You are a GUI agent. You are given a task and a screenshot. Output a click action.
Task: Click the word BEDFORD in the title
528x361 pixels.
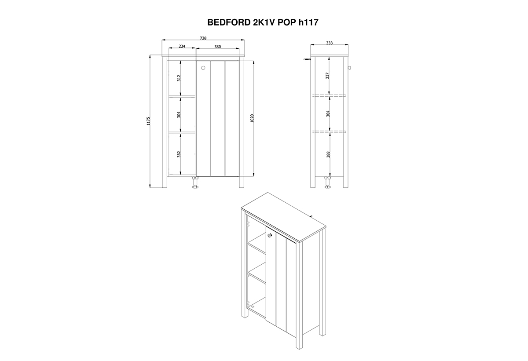point(229,22)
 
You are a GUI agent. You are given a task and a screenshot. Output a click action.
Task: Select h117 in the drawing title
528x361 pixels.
point(308,22)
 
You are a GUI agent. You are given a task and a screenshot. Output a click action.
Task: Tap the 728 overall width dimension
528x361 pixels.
point(203,38)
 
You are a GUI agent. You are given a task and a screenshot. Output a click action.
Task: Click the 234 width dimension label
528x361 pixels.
point(182,46)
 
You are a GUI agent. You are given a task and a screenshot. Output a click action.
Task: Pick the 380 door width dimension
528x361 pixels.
point(217,47)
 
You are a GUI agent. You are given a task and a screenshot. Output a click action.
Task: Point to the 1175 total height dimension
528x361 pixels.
point(148,121)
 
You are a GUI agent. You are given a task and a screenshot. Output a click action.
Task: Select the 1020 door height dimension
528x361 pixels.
point(252,118)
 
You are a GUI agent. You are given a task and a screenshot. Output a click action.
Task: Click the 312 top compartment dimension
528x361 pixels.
point(179,78)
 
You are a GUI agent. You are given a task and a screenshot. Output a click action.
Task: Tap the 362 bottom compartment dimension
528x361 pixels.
point(179,154)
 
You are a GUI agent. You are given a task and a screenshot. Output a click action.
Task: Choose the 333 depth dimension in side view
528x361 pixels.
point(329,43)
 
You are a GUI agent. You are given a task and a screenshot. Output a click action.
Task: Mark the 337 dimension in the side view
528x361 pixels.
point(327,76)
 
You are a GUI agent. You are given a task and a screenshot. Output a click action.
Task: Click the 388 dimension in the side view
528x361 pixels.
point(328,154)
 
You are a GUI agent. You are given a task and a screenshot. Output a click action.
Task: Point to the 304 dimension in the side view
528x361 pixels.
point(328,114)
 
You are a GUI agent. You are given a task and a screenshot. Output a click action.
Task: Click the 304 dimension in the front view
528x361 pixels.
point(179,115)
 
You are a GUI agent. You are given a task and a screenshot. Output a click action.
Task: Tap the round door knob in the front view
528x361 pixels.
point(203,68)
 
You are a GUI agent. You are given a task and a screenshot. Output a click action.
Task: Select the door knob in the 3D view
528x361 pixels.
point(270,235)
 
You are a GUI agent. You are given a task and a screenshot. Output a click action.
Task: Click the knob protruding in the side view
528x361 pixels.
point(350,68)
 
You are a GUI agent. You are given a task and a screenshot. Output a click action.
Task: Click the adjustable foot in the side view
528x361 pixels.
point(327,182)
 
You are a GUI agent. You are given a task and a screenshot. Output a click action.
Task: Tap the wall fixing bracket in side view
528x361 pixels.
point(307,59)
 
